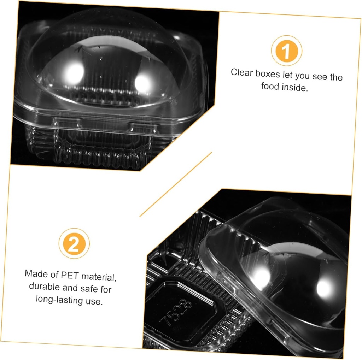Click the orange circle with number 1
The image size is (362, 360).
click(286, 51)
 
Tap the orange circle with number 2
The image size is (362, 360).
click(74, 243)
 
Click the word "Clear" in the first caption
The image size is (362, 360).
click(242, 72)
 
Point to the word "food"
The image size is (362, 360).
click(270, 86)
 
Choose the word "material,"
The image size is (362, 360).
click(99, 277)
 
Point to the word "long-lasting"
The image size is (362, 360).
click(59, 300)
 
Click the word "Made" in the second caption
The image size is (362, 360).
click(36, 273)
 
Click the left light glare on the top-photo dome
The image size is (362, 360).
click(74, 74)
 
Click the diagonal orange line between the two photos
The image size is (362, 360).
click(176, 184)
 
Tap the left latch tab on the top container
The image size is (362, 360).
click(68, 122)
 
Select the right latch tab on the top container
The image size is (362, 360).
click(144, 127)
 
